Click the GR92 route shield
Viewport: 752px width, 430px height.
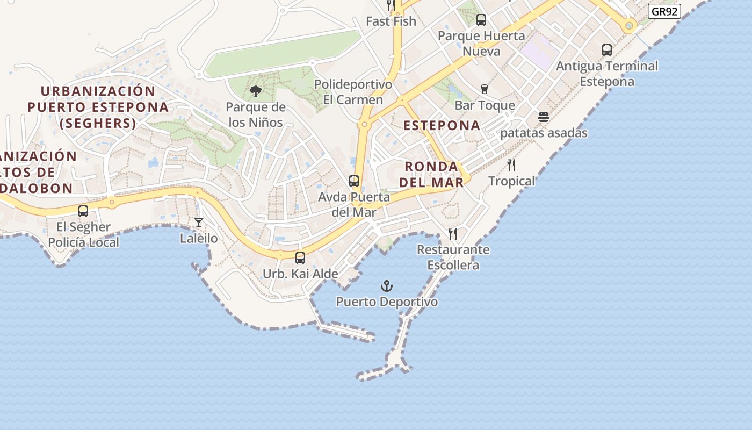[x=664, y=11]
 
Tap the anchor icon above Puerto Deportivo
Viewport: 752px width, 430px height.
[x=387, y=286]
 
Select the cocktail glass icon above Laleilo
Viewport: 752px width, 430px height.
[x=199, y=222]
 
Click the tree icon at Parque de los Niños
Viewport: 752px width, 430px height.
[x=256, y=91]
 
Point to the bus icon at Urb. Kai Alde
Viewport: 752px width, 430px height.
[x=300, y=258]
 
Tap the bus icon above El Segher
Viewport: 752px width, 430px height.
[x=83, y=211]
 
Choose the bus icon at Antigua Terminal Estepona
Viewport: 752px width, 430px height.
[x=607, y=50]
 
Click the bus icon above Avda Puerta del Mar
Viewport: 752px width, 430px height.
[x=354, y=181]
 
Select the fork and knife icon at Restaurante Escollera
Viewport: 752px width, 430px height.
[x=453, y=233]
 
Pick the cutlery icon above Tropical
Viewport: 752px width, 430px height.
[x=511, y=165]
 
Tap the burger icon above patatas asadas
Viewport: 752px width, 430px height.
[x=544, y=117]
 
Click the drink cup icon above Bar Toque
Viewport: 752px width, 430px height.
[x=485, y=89]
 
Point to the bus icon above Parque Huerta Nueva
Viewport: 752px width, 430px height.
[x=481, y=20]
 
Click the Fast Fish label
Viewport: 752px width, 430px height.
[x=391, y=21]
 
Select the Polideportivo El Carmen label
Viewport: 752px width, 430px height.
[x=353, y=92]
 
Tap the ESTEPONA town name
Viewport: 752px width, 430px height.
[x=442, y=125]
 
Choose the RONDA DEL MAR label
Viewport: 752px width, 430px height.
[x=431, y=174]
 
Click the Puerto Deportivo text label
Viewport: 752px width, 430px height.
[x=387, y=302]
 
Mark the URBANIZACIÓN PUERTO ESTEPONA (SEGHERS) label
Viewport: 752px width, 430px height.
[x=98, y=107]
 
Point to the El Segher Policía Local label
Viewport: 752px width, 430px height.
[x=83, y=234]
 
